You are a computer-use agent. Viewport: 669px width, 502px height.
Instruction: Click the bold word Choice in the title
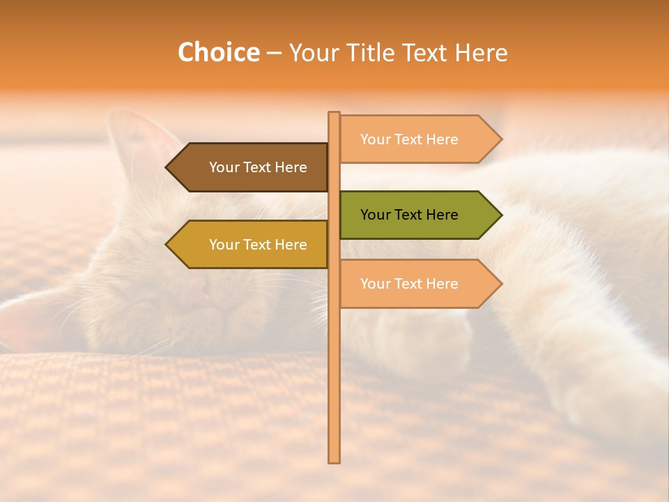coord(218,53)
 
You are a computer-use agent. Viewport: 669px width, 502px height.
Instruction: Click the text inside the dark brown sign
coord(258,167)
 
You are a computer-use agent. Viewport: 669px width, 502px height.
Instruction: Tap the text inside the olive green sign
coord(409,215)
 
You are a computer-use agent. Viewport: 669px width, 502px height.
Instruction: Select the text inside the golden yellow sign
coord(258,245)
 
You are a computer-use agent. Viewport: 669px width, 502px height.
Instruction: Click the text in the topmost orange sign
coord(409,139)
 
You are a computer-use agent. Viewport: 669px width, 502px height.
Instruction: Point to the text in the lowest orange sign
coord(409,284)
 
